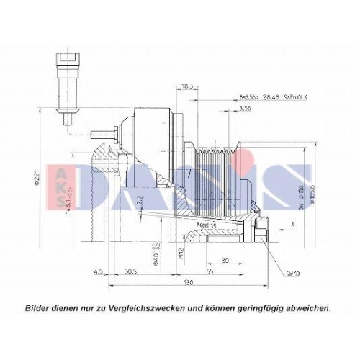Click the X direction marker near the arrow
point(292,225)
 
